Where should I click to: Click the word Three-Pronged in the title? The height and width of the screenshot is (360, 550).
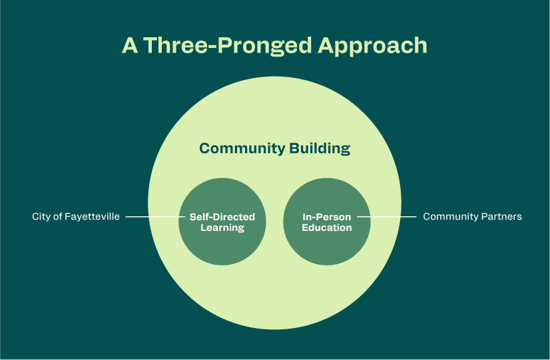(x=227, y=45)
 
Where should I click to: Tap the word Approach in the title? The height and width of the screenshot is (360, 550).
(x=372, y=45)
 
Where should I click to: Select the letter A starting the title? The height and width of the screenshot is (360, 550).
(x=130, y=45)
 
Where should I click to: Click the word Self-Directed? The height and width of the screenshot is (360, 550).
(x=222, y=217)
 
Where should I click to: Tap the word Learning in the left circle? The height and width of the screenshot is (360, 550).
(x=222, y=228)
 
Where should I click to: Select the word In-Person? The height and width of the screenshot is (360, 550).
(x=327, y=217)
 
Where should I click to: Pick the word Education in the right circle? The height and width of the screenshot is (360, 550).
(x=327, y=228)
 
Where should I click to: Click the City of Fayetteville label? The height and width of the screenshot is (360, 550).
(x=76, y=217)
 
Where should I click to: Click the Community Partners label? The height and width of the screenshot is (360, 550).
(x=472, y=217)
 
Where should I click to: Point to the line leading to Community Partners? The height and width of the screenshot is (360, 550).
(x=386, y=217)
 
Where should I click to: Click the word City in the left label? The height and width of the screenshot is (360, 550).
(x=41, y=217)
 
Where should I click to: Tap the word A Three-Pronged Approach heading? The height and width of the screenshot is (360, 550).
(x=274, y=45)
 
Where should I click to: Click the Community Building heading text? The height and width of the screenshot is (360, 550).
(x=274, y=148)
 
